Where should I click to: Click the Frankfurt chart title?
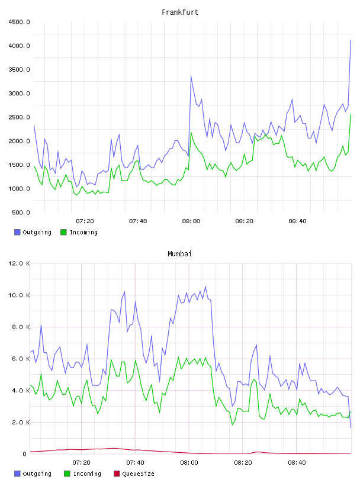click(x=180, y=12)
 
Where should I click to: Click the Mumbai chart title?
click(x=179, y=254)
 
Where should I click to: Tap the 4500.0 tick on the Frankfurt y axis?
click(x=19, y=22)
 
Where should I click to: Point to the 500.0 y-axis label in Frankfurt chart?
click(x=21, y=212)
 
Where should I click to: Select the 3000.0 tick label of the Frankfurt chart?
click(x=19, y=94)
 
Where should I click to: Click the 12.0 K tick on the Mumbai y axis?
click(x=19, y=263)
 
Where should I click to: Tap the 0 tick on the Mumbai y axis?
click(x=25, y=454)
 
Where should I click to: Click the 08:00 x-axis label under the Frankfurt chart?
click(x=191, y=221)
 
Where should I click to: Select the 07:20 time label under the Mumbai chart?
click(x=81, y=463)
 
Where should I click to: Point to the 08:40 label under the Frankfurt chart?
click(x=297, y=221)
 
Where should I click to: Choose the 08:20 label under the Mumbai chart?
click(x=243, y=463)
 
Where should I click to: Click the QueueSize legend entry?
click(x=134, y=474)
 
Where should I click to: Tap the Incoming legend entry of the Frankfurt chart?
click(x=79, y=232)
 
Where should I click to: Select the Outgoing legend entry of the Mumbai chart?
click(x=33, y=474)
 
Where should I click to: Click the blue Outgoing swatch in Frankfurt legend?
click(x=17, y=232)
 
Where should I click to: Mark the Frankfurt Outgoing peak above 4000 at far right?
click(x=351, y=40)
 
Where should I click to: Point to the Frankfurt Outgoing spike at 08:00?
click(x=191, y=76)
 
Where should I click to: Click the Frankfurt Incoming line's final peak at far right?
click(x=351, y=114)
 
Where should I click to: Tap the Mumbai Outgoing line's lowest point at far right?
click(x=351, y=427)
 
